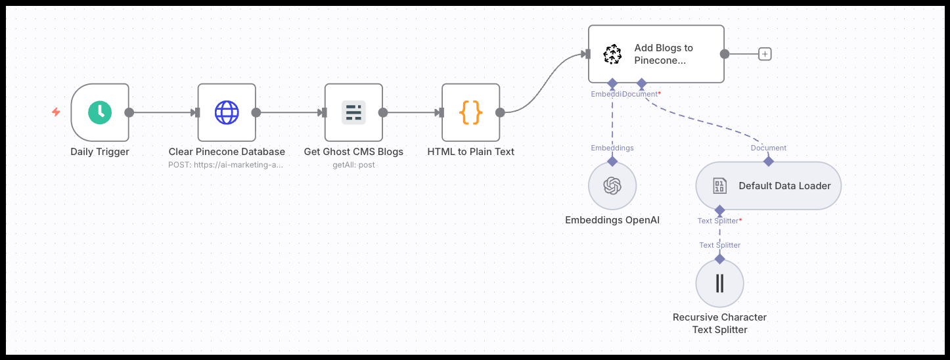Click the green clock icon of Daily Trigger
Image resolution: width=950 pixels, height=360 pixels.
(100, 112)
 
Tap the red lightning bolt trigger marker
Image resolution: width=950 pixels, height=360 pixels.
(57, 112)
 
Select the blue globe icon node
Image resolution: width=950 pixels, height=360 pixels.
(227, 112)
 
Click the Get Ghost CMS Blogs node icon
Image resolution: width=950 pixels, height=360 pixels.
(353, 112)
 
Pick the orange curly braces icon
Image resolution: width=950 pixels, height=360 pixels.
(471, 112)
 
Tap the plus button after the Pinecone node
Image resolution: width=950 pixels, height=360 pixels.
(765, 54)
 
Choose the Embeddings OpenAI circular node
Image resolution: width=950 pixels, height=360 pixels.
(612, 186)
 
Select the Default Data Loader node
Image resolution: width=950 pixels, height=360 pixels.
(768, 186)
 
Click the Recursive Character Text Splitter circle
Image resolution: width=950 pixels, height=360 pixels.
(719, 283)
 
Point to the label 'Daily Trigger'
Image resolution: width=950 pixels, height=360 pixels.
(100, 152)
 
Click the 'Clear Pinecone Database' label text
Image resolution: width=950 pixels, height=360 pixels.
(227, 152)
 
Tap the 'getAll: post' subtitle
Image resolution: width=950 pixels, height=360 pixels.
(353, 165)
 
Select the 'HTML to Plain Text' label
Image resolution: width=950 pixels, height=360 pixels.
(471, 152)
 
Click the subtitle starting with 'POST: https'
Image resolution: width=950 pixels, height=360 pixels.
(227, 165)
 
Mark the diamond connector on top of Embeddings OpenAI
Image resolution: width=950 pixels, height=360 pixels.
(612, 161)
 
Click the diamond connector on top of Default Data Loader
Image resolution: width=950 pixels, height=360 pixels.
(768, 161)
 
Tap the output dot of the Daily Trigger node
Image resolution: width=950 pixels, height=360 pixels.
(129, 112)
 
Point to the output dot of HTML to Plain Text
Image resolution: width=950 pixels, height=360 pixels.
(500, 112)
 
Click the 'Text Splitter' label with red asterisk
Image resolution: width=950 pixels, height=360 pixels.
(719, 221)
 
